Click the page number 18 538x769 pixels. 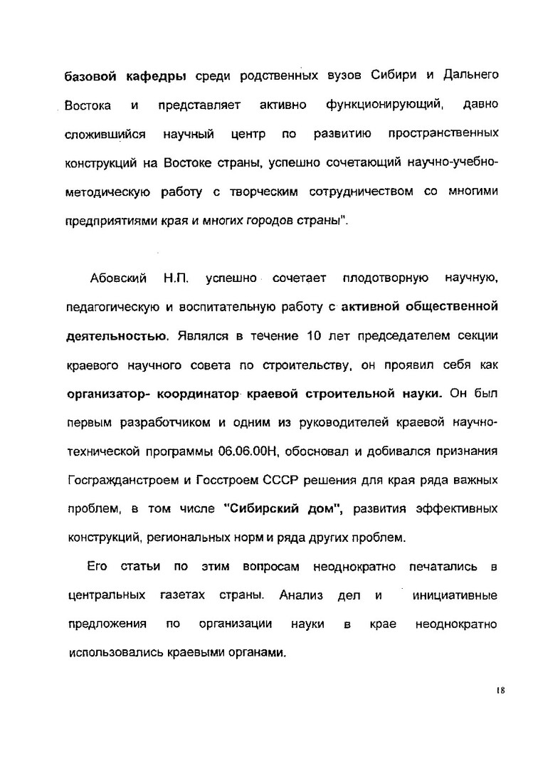tap(501, 689)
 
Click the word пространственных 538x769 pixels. tap(443, 134)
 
